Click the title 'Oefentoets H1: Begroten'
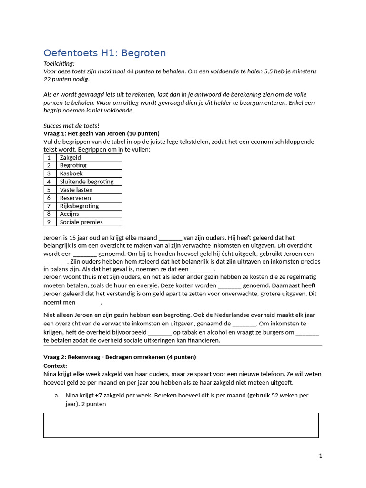(104, 53)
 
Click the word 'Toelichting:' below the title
(59, 64)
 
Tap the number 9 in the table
(49, 222)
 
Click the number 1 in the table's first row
(49, 158)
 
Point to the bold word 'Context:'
(55, 366)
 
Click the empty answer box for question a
(181, 425)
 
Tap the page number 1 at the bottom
(321, 456)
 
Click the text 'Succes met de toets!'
(71, 126)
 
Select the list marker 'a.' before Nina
(57, 395)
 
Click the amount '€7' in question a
(99, 395)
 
